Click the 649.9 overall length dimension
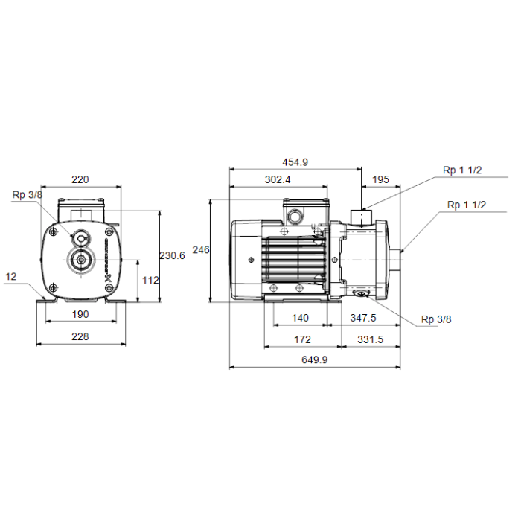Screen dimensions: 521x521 click(x=314, y=359)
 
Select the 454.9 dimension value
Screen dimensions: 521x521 click(x=295, y=162)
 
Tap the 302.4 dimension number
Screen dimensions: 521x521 click(x=278, y=180)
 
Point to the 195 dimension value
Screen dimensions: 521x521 click(x=380, y=180)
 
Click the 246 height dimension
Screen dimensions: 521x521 click(x=201, y=249)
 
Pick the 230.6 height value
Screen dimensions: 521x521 click(x=172, y=255)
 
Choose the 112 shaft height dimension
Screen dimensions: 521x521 click(x=150, y=281)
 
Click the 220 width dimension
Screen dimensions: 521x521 click(x=80, y=180)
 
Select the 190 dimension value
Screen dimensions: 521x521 click(x=80, y=314)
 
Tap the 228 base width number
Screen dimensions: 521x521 click(x=80, y=336)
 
